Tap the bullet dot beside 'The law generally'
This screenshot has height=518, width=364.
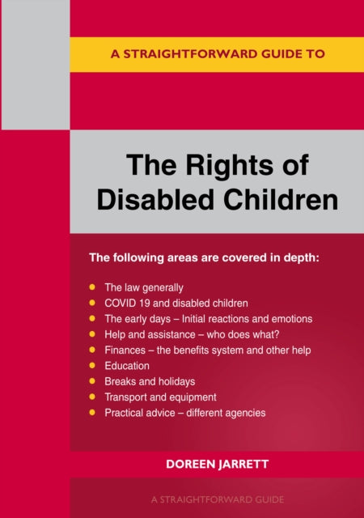(91, 287)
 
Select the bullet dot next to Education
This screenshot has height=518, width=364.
(91, 366)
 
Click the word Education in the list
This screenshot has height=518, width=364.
(127, 366)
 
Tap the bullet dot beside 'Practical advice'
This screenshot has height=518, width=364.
(91, 413)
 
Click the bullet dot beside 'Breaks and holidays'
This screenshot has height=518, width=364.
(91, 381)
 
